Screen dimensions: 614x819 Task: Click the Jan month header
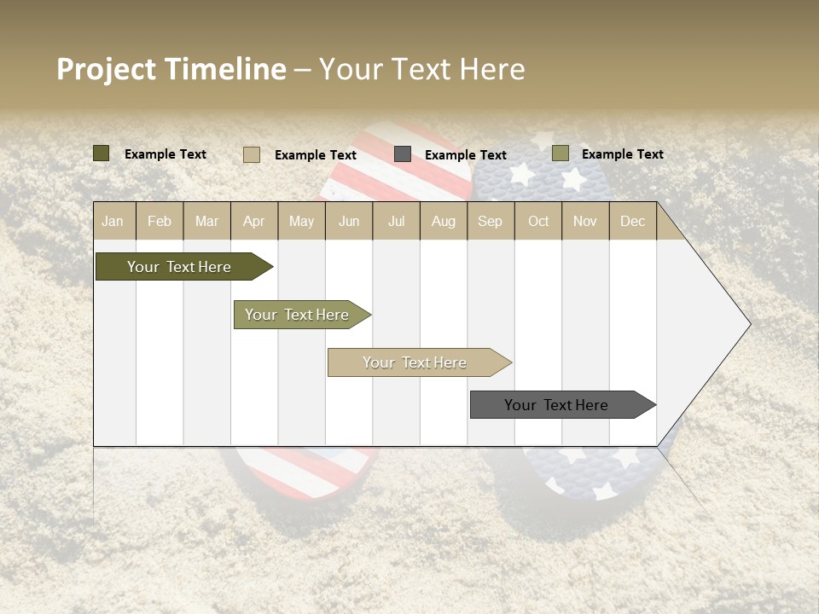[113, 221]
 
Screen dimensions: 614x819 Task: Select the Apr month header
[253, 221]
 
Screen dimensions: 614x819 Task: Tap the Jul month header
[396, 221]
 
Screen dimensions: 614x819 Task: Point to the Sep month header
[490, 221]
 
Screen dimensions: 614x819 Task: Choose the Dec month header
[632, 221]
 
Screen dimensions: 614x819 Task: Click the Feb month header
[160, 221]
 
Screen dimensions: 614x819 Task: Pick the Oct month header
[538, 221]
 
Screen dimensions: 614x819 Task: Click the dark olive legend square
[102, 153]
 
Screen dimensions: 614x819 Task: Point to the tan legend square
[252, 154]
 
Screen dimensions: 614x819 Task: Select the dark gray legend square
[403, 154]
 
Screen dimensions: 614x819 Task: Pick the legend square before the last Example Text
[560, 153]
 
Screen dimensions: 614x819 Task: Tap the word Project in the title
[107, 69]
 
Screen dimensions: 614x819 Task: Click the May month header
[301, 221]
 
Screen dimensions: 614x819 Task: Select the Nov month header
[585, 221]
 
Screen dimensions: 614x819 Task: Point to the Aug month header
[443, 221]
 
